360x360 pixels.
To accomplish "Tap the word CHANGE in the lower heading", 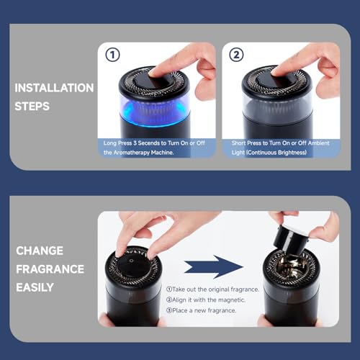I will [39, 251].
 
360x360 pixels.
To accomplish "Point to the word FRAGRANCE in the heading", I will [50, 269].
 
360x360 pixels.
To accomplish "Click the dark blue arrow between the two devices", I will [213, 266].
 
